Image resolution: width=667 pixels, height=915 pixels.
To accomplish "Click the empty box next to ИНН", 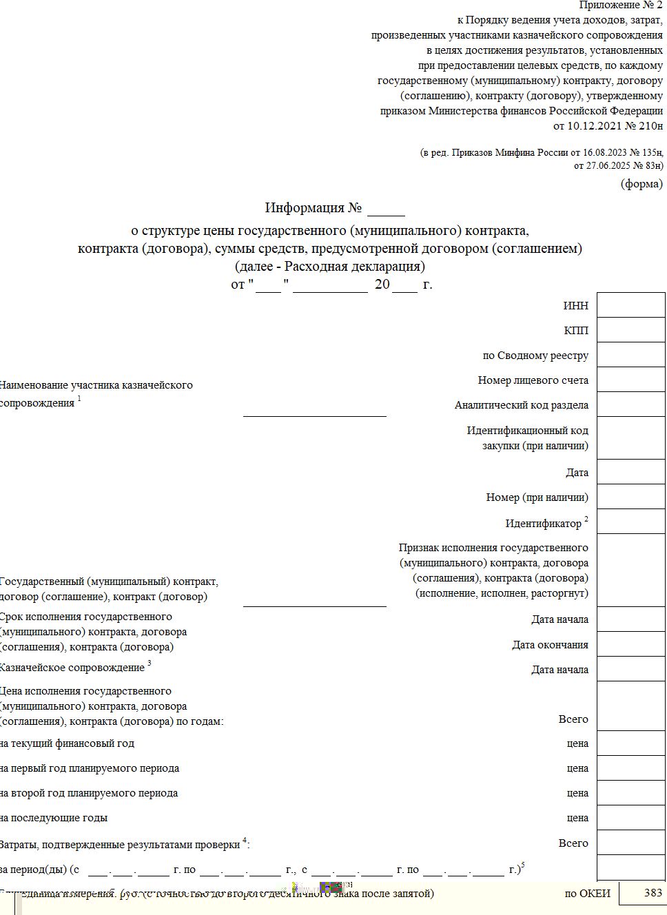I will click(x=630, y=305).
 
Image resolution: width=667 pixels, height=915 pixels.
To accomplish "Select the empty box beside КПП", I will click(x=630, y=330).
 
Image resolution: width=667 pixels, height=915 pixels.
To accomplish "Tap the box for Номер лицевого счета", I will click(x=630, y=380).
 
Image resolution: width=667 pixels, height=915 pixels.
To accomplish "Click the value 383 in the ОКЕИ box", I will click(x=653, y=893).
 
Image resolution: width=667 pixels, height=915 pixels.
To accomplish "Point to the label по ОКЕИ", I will click(x=587, y=894).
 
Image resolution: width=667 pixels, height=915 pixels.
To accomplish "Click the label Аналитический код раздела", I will click(x=521, y=405).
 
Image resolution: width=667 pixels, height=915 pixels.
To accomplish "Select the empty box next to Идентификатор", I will click(x=630, y=522).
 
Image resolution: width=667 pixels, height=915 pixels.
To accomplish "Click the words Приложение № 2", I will click(x=620, y=6).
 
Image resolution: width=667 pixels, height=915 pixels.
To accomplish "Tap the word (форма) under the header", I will click(x=642, y=184).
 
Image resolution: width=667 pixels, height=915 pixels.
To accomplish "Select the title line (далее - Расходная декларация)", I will click(x=330, y=266).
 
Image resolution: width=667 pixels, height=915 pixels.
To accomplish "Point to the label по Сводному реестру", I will click(x=535, y=356).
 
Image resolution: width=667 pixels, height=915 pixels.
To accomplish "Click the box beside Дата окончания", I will click(x=630, y=644).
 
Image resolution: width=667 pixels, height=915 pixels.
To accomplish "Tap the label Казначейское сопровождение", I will click(x=72, y=668).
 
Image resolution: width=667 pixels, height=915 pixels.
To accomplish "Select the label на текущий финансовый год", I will click(x=67, y=743).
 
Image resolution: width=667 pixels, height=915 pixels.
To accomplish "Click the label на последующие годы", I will click(x=54, y=818).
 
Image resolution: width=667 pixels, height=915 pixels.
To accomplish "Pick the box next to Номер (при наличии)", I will click(x=630, y=497).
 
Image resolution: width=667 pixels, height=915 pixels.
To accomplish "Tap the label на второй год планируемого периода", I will click(x=89, y=793).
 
